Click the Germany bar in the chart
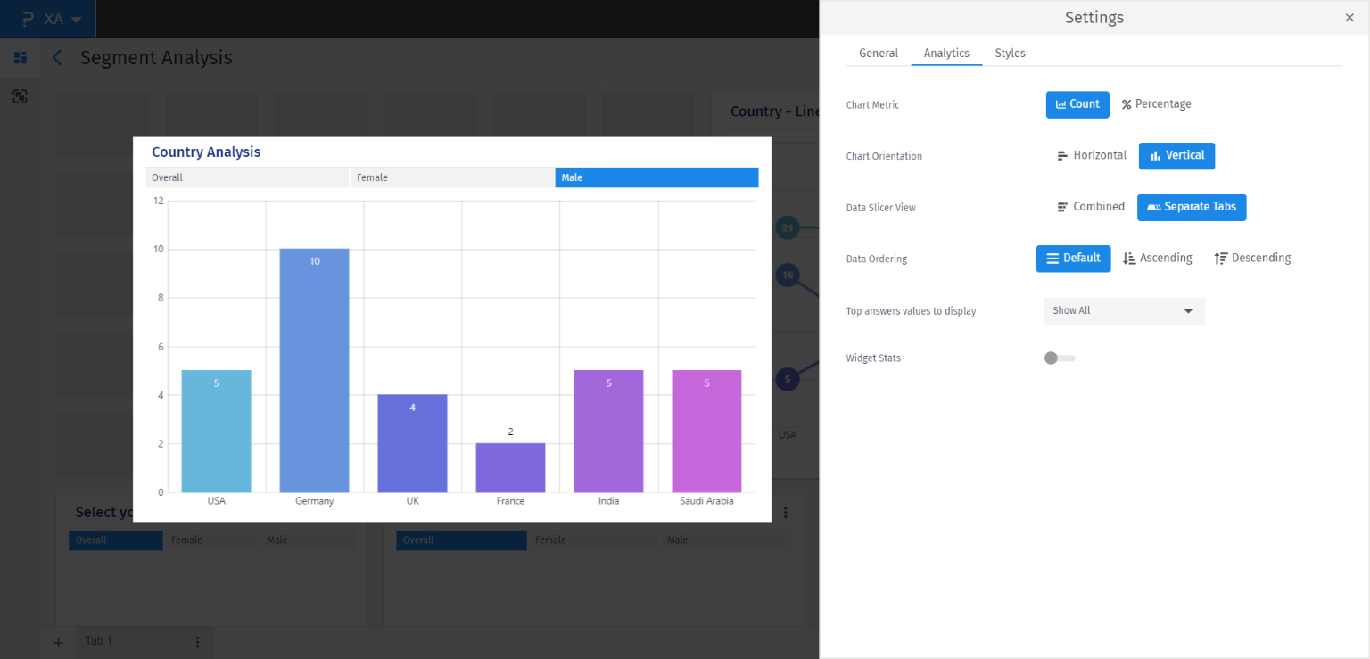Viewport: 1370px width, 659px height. click(314, 370)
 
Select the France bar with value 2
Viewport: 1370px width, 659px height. click(510, 467)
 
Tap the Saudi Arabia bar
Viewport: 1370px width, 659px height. click(706, 431)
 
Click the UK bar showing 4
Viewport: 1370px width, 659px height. click(412, 443)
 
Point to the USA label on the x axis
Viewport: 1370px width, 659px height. click(217, 501)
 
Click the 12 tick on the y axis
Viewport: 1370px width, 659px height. click(159, 201)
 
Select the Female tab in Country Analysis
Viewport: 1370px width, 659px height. click(451, 177)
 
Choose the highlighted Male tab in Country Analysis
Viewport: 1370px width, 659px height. click(656, 177)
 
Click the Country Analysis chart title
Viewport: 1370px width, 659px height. click(206, 152)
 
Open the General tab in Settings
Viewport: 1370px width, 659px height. click(879, 54)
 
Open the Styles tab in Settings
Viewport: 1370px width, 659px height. click(1010, 54)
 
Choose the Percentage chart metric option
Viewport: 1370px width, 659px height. click(1157, 104)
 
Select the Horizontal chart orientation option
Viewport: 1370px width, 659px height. click(1092, 155)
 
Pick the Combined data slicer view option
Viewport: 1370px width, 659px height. click(1091, 207)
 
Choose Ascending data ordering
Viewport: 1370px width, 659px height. click(1158, 259)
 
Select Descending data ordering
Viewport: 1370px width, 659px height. click(1252, 259)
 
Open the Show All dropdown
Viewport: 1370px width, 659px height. click(1124, 311)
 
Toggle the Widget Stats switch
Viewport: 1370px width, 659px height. click(1059, 358)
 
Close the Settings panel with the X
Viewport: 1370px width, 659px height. click(1349, 18)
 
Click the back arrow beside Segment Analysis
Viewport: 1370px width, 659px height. click(57, 58)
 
